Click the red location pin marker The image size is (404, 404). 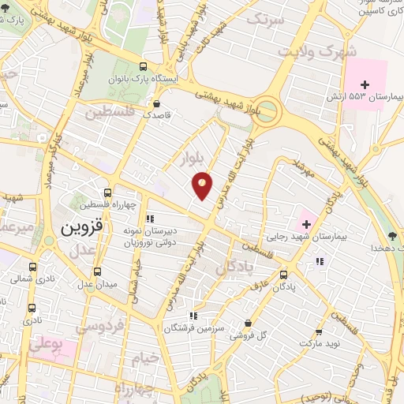coord(203,185)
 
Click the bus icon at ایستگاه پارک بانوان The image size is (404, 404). coord(143,67)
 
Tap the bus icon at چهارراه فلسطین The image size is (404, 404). coord(108,193)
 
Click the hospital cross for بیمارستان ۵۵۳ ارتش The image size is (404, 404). coord(364,84)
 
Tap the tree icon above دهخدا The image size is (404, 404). coord(392,235)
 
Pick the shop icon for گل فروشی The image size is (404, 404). coord(249,323)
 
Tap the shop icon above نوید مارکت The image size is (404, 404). coord(319,332)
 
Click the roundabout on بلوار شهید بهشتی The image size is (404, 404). coord(269,110)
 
